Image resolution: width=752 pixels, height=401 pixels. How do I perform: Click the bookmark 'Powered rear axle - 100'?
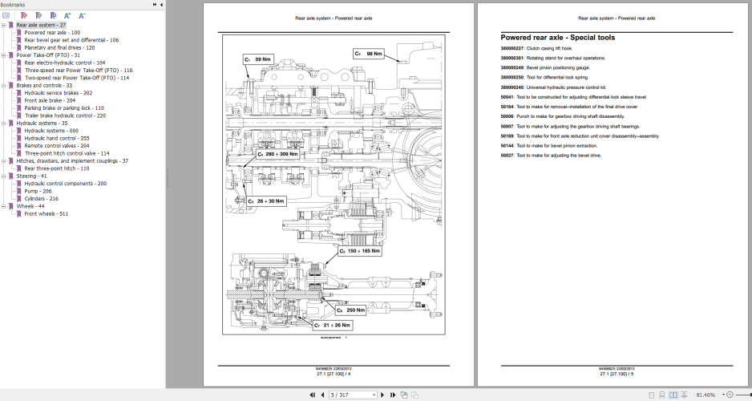click(x=52, y=32)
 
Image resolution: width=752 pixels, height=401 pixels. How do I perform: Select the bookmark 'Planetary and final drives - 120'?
click(x=59, y=47)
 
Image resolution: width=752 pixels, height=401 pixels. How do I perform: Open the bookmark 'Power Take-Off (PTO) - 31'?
click(x=48, y=55)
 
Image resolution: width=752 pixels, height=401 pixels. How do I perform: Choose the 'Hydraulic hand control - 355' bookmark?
click(x=56, y=138)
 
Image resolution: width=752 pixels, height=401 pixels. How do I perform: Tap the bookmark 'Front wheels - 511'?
click(x=46, y=214)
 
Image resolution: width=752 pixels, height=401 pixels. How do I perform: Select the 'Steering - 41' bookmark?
click(x=32, y=176)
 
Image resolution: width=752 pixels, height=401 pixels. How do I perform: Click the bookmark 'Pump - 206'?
click(x=38, y=191)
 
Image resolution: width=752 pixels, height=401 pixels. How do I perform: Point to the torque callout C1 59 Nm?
click(x=258, y=59)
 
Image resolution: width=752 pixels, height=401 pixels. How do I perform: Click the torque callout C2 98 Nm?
click(x=369, y=54)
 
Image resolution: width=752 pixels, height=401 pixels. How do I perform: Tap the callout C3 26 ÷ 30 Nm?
click(x=265, y=201)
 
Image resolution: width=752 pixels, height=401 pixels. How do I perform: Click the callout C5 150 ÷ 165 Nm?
click(x=358, y=251)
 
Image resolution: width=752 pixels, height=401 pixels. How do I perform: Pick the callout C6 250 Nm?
click(x=351, y=310)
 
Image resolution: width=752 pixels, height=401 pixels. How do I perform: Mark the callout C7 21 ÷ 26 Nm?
click(x=332, y=325)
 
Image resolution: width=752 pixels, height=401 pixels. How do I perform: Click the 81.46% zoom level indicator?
click(x=705, y=395)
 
